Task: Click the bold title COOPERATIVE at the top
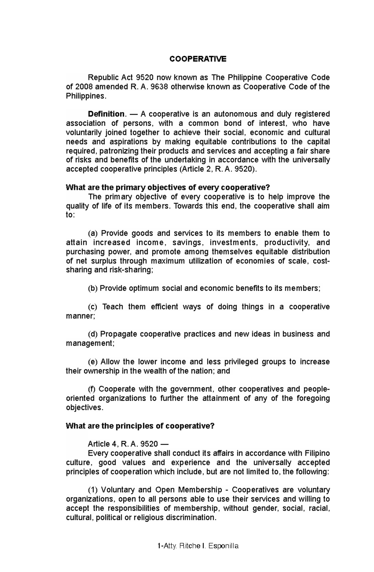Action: point(198,59)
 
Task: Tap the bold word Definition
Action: point(106,114)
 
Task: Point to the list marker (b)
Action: point(93,288)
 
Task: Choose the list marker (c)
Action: point(93,307)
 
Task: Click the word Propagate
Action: point(119,334)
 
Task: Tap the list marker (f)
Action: point(92,389)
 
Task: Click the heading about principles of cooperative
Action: point(140,426)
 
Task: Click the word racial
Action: point(318,508)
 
